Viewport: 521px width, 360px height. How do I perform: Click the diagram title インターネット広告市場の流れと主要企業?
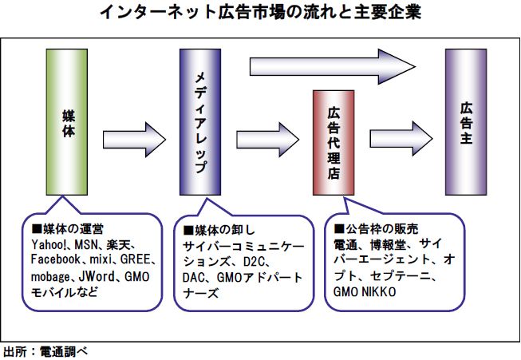coord(261,14)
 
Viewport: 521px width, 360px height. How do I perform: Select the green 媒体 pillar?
coord(67,121)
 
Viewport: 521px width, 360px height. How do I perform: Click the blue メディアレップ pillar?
coord(199,121)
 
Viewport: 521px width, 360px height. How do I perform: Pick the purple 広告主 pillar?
coord(465,121)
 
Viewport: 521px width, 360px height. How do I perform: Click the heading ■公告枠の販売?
coord(372,230)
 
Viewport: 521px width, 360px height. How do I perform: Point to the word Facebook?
coord(56,259)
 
